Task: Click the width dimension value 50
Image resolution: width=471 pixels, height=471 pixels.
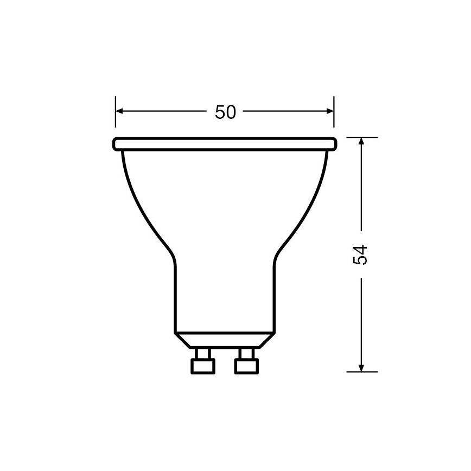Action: (x=225, y=112)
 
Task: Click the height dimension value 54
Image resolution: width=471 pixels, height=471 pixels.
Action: (x=361, y=254)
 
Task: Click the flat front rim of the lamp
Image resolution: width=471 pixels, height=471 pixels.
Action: (x=225, y=144)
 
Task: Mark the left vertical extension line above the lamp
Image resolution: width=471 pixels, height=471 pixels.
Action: (x=116, y=117)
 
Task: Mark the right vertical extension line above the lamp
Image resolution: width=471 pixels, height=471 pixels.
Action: (x=334, y=117)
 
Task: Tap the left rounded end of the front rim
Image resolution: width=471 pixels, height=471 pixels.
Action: (x=116, y=144)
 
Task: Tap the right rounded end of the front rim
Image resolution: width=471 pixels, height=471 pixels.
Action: (x=334, y=144)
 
